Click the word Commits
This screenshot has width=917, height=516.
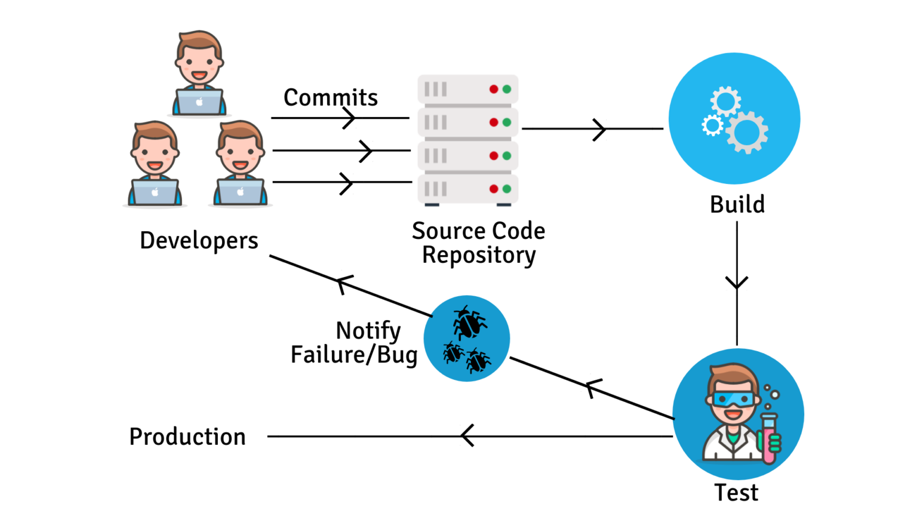(330, 97)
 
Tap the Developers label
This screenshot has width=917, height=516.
(199, 241)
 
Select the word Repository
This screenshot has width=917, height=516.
(479, 255)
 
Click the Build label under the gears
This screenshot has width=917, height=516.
(737, 204)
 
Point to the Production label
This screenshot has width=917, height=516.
(187, 437)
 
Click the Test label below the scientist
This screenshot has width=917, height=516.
(736, 493)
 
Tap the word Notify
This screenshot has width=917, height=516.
(368, 330)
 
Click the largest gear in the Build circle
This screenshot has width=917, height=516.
(746, 132)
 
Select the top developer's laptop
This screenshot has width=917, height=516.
(199, 102)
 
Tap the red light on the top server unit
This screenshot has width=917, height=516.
(494, 90)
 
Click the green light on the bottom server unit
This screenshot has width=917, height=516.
(507, 189)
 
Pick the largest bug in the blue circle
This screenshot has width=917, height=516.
(469, 322)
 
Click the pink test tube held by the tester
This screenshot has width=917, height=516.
(768, 439)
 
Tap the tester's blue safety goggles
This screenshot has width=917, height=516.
(732, 398)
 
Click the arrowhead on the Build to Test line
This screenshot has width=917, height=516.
(737, 282)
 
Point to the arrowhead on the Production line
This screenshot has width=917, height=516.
(467, 436)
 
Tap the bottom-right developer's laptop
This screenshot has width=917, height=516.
(241, 192)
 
